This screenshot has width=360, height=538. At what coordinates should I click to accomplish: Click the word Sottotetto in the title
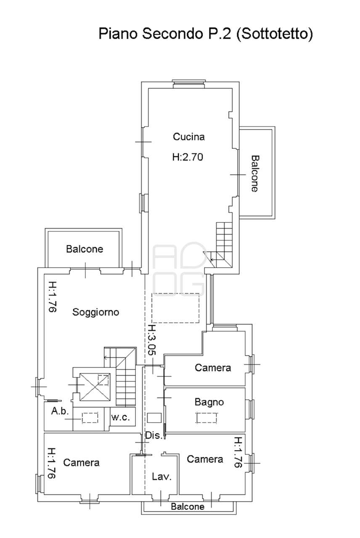coord(274,34)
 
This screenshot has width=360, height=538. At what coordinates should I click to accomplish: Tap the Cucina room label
coord(189,137)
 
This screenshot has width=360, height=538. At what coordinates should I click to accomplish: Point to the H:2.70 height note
coord(188,157)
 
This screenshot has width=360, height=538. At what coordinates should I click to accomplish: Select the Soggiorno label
coord(95,312)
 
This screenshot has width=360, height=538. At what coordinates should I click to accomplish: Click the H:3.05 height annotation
coord(152,340)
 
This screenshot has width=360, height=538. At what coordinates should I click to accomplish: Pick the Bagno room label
coord(209,402)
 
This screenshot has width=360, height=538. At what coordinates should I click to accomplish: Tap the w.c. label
coord(120,417)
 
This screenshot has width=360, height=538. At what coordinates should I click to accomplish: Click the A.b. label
coord(60,411)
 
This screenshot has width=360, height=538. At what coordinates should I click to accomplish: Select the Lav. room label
coord(161,477)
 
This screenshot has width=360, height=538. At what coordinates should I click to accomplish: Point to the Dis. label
coord(154,435)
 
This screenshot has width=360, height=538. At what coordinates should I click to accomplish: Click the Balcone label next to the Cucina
coord(255,174)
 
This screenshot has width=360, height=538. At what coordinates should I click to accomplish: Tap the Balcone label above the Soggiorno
coord(85,249)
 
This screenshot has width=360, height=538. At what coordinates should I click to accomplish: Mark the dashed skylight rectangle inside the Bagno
coord(206,417)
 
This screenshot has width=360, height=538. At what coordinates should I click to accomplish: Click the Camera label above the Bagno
coord(213,368)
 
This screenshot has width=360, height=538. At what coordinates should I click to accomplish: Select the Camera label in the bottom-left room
coord(81,463)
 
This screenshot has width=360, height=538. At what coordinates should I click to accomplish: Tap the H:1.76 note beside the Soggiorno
coord(52,297)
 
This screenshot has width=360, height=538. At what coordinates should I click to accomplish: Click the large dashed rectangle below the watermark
coord(175,308)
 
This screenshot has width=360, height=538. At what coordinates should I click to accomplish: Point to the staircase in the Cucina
coord(221,245)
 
